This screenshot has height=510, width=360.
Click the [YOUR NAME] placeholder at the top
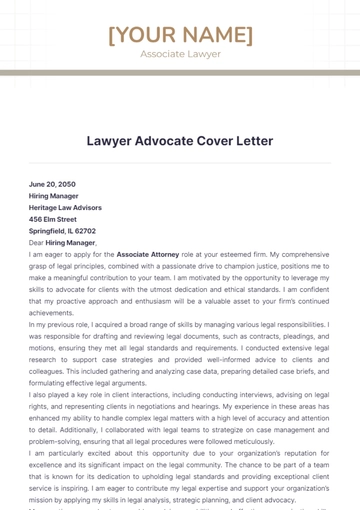click(180, 35)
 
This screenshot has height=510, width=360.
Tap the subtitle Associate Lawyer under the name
click(180, 54)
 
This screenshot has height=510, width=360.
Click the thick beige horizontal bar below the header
click(180, 73)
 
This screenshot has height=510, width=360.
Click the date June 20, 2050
click(52, 184)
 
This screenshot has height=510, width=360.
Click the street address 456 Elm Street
click(53, 219)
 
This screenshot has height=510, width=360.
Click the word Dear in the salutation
click(37, 242)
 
